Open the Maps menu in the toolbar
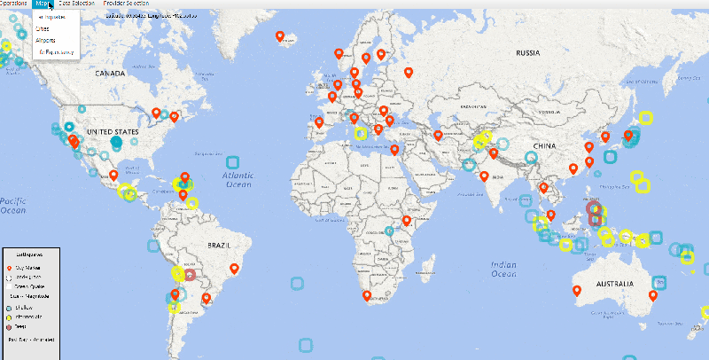click(43, 4)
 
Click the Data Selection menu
click(77, 4)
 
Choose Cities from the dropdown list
click(43, 28)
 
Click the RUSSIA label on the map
click(527, 51)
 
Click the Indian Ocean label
click(503, 269)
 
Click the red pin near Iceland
click(280, 36)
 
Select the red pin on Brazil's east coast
click(235, 268)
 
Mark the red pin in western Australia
click(577, 289)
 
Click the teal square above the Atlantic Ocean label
click(233, 162)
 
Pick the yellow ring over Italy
click(361, 133)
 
